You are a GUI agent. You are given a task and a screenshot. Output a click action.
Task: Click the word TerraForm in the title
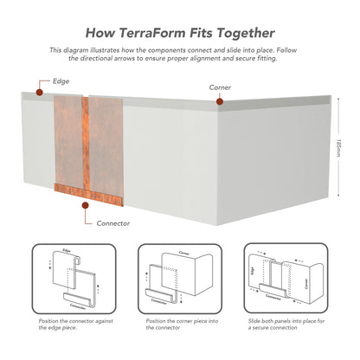(151, 33)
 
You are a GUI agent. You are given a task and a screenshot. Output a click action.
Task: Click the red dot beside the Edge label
(40, 93)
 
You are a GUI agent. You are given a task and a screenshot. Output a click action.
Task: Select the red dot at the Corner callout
(220, 101)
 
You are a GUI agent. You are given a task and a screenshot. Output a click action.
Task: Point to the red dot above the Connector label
(85, 205)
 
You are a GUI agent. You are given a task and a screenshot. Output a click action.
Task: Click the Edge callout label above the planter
(61, 81)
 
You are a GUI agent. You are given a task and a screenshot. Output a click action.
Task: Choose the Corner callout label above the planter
(220, 87)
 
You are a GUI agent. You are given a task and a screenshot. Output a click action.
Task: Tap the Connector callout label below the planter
(113, 223)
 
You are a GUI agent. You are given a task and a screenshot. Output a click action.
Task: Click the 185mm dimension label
(338, 148)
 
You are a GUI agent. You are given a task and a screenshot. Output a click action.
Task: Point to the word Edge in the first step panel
(67, 250)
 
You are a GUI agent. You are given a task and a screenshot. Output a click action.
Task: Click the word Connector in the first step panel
(78, 306)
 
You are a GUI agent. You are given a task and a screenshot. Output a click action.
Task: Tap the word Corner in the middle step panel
(184, 253)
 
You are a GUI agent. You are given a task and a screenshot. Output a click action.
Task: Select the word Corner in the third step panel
(306, 283)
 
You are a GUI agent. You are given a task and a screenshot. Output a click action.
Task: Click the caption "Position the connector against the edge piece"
(76, 325)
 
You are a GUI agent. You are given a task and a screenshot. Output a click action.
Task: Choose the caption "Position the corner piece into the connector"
(182, 325)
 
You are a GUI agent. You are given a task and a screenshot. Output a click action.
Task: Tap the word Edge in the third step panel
(253, 271)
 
